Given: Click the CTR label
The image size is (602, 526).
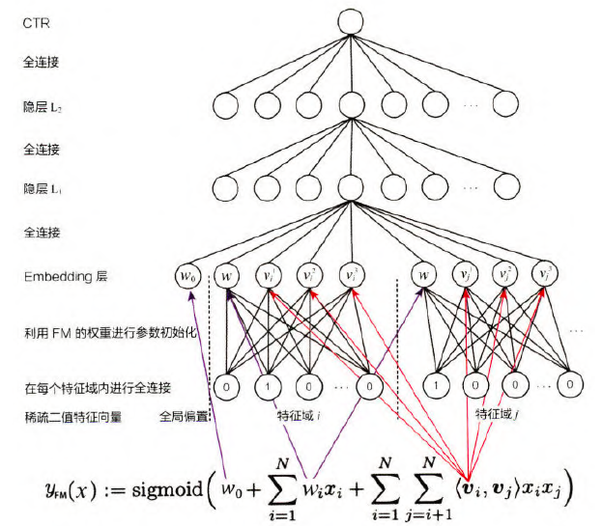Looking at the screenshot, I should pyautogui.click(x=36, y=21).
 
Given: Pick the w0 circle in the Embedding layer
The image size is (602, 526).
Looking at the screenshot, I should pyautogui.click(x=190, y=276).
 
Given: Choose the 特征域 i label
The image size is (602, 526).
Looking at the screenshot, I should pyautogui.click(x=297, y=417).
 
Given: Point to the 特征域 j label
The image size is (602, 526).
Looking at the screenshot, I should pyautogui.click(x=495, y=415).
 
